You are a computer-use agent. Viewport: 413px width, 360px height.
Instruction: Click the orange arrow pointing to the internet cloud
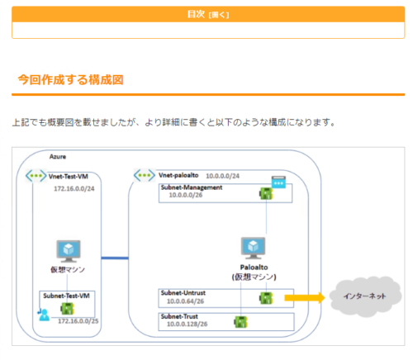pos(303,297)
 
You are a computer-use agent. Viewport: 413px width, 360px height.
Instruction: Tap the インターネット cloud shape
pos(365,296)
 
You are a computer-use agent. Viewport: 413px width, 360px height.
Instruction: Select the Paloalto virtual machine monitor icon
pos(253,249)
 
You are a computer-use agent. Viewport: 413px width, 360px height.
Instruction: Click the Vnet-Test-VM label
pos(68,176)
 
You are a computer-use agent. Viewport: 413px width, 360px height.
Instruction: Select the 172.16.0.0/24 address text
pos(71,189)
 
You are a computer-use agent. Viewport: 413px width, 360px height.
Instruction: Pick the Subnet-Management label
pos(190,188)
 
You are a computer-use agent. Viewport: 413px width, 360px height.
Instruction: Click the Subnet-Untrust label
pos(183,292)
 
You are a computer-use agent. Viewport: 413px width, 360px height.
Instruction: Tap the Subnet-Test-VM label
pos(65,295)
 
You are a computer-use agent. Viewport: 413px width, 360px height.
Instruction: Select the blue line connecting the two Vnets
pos(115,259)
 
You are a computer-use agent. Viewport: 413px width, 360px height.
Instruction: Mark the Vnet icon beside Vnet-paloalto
pos(144,176)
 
